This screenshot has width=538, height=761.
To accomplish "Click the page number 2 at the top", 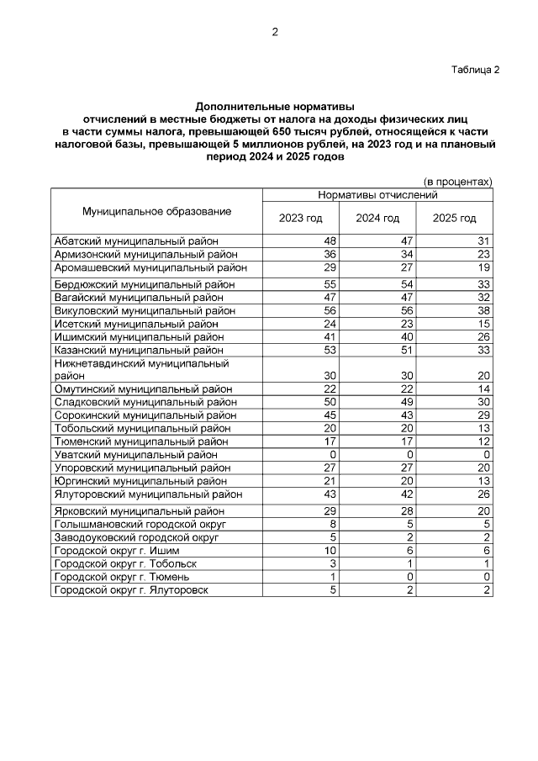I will pos(274,32).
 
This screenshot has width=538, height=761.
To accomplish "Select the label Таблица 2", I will pos(474,69).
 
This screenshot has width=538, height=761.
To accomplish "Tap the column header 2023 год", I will pos(300,219).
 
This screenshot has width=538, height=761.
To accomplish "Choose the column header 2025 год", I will pos(454,219).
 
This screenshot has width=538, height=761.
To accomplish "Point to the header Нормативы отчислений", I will pos(377,195).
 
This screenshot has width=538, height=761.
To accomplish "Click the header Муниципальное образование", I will pos(156,211).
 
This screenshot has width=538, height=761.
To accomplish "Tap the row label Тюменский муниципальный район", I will pos(140,441).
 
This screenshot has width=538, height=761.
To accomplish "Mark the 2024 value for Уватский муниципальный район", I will pos(409,454).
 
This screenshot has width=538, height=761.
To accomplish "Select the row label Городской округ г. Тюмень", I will pos(122,577).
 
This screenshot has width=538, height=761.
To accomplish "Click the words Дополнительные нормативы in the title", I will pos(275,107).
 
